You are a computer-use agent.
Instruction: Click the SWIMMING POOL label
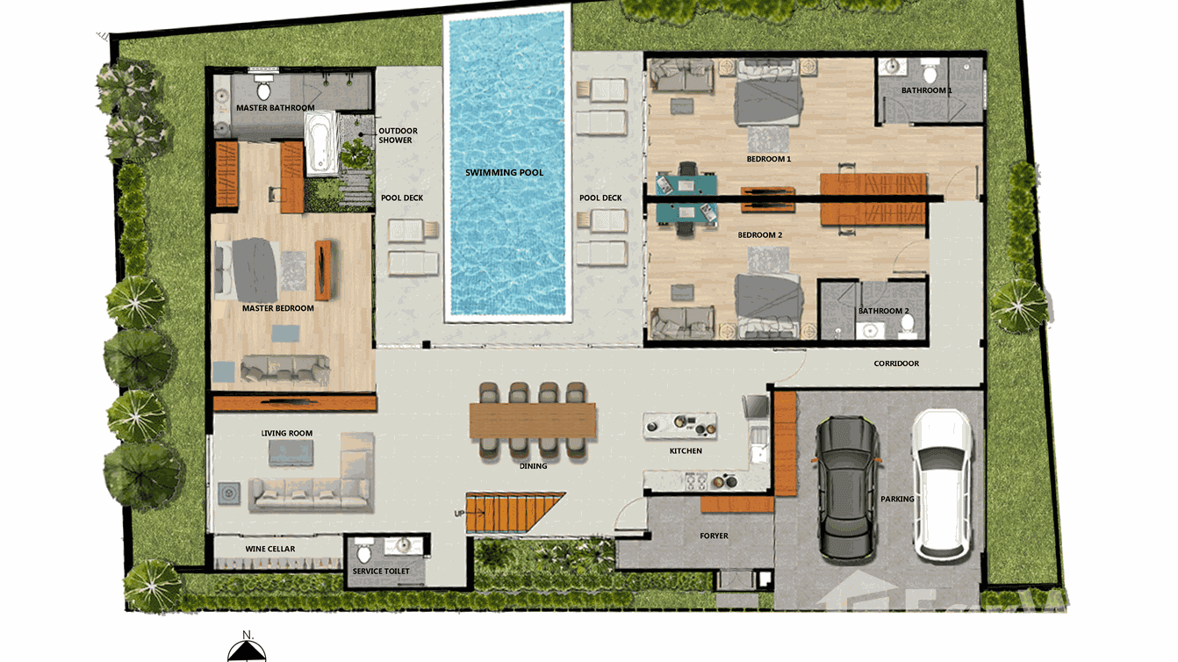click(x=504, y=172)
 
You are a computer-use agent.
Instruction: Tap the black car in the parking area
click(x=847, y=486)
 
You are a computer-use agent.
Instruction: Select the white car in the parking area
click(x=941, y=485)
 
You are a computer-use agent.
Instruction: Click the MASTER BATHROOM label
click(x=275, y=108)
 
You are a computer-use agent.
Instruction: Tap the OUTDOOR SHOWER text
click(x=398, y=135)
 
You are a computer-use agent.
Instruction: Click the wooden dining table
click(x=533, y=420)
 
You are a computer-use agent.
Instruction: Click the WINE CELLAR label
click(x=269, y=549)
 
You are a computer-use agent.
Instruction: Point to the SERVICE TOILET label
click(x=381, y=572)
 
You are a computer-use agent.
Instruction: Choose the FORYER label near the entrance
click(x=714, y=536)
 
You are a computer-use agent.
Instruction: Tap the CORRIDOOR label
click(x=896, y=363)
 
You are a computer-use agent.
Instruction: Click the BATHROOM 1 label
click(x=926, y=90)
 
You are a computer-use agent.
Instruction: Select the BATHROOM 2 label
click(x=883, y=311)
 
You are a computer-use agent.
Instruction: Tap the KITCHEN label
click(x=686, y=451)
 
